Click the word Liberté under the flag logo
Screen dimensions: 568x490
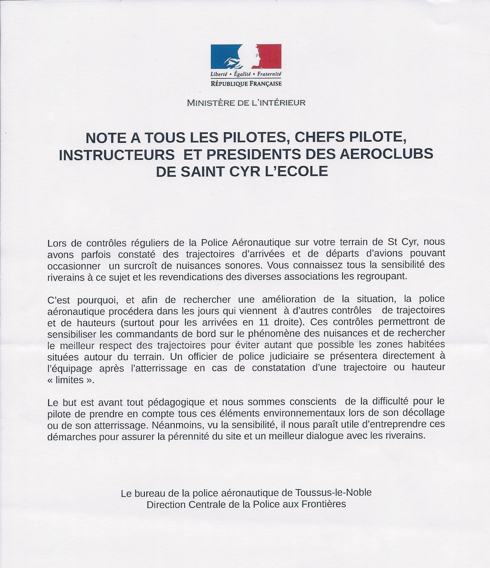coord(219,73)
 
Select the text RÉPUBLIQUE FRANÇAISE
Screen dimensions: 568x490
coord(246,84)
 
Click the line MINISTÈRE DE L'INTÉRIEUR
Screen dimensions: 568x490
coord(246,103)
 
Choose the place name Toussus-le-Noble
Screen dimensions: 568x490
coord(333,493)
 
